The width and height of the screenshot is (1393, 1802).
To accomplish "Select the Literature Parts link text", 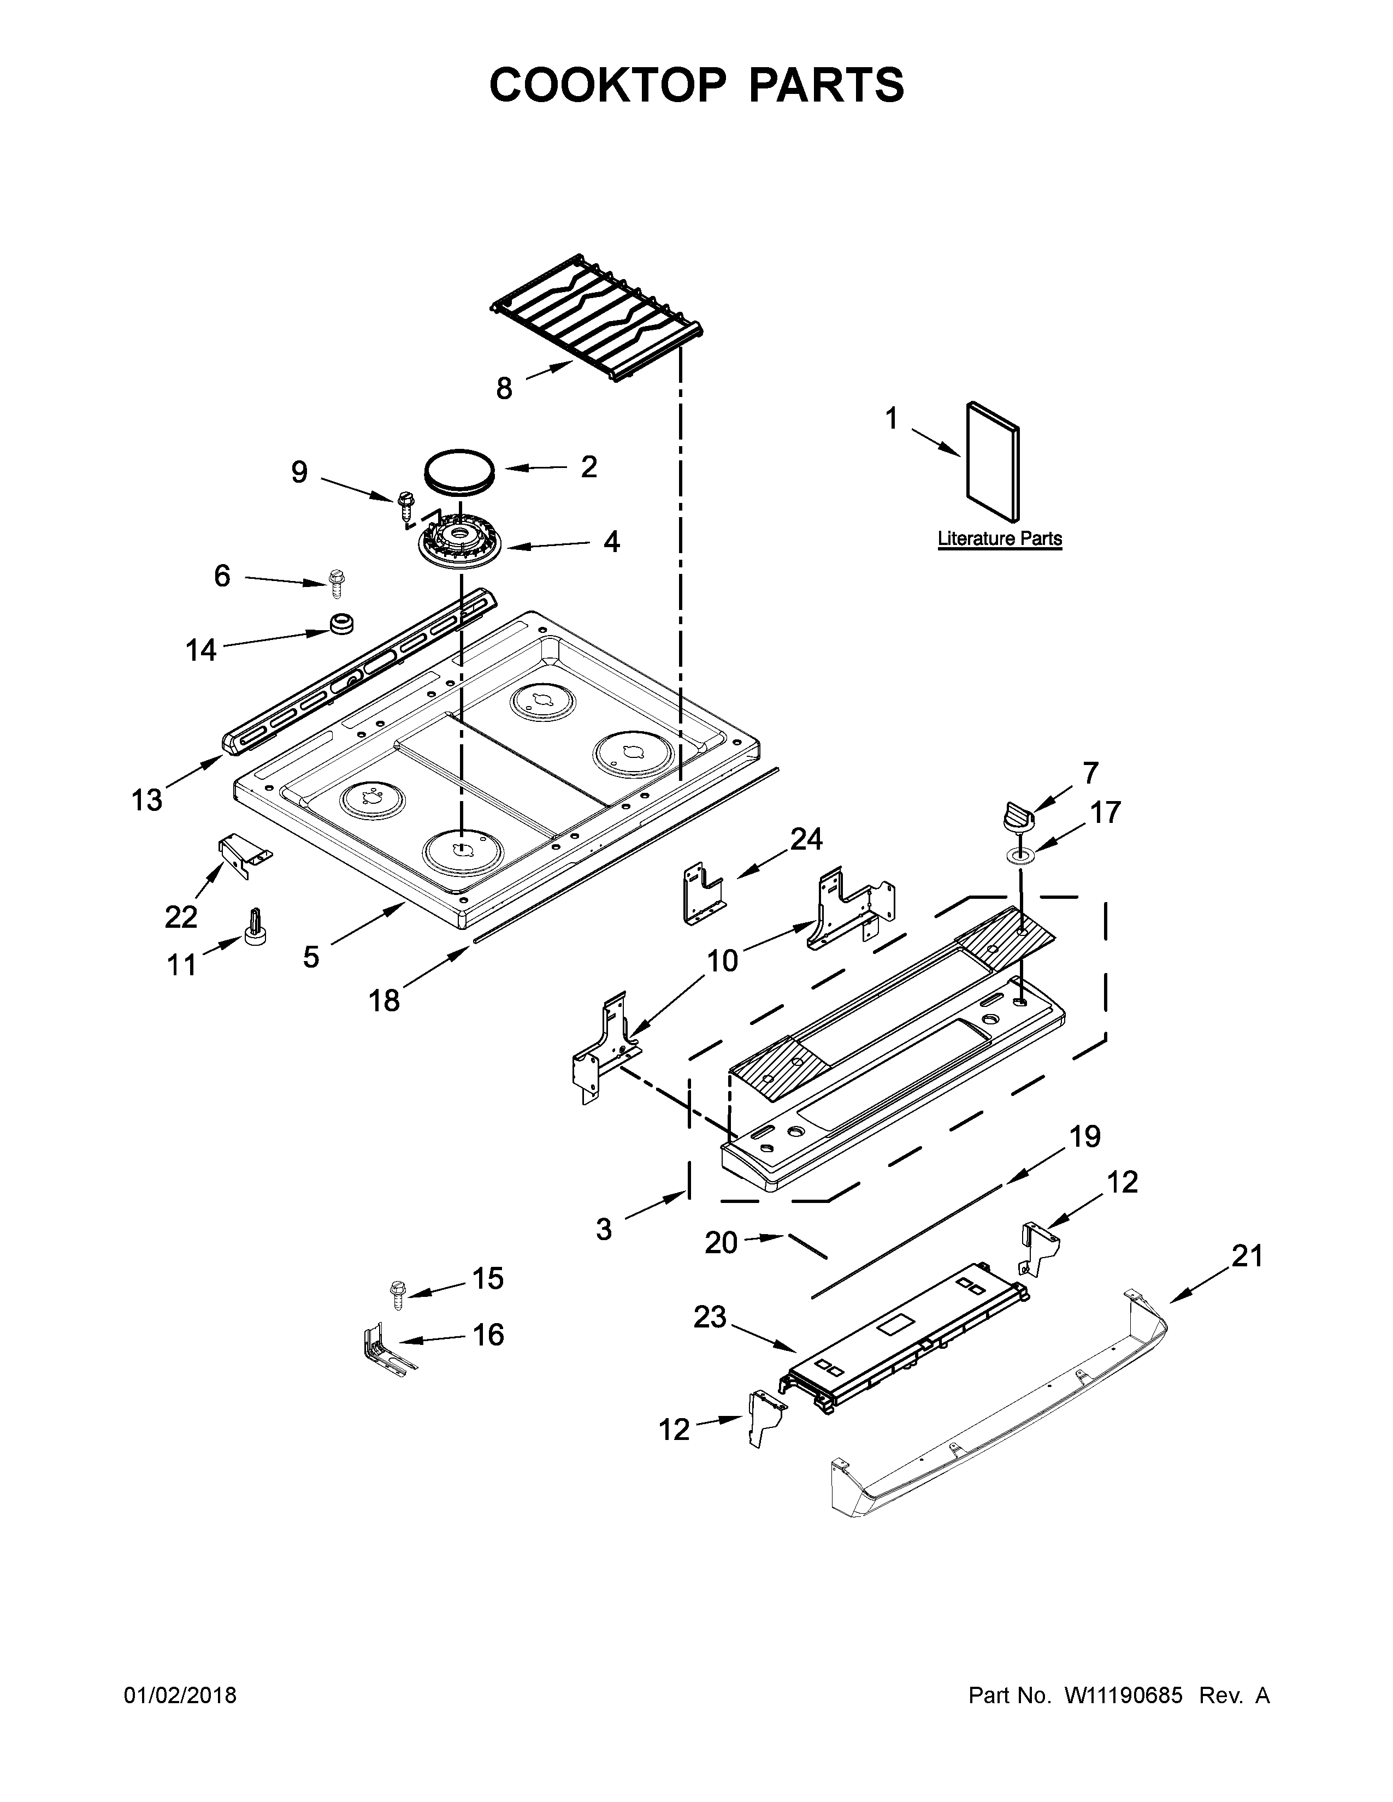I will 999,539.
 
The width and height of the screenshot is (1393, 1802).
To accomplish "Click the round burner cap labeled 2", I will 459,472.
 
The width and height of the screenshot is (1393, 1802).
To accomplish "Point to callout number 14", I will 200,650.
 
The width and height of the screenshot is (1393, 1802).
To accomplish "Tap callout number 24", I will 806,839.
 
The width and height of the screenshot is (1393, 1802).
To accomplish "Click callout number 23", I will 710,1318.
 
